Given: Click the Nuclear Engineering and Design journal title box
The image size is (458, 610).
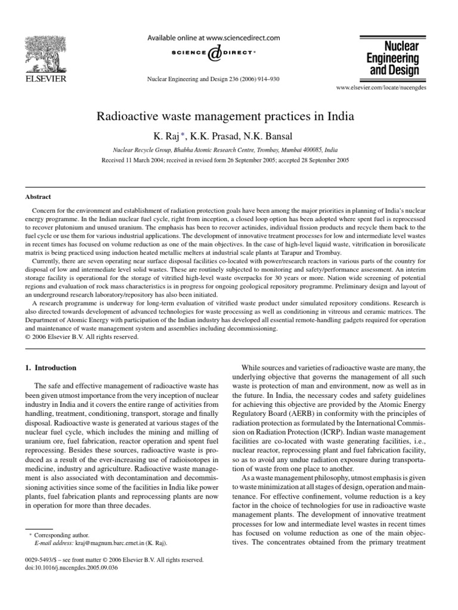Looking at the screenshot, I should click(392, 58).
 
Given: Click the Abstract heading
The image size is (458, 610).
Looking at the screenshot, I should click(38, 197).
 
